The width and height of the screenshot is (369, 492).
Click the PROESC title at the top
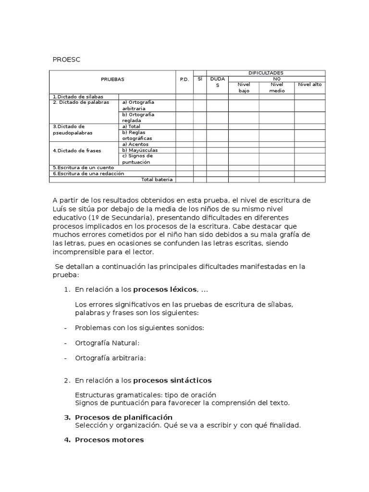pos(66,59)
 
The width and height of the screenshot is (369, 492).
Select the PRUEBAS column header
pos(112,79)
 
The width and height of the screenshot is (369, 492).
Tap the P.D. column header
pos(184,79)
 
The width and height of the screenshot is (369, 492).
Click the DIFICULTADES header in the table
pos(266,72)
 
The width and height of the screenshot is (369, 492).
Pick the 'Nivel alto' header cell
pos(310,85)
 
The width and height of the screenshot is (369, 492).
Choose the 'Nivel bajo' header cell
pos(244,87)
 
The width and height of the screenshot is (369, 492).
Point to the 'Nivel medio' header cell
pos(277,87)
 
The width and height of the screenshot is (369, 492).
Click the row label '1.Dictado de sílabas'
pos(78,97)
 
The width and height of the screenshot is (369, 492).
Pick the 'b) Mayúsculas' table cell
pos(140,150)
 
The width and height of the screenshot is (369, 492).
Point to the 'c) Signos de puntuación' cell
pos(137,159)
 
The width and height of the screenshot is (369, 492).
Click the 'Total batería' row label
pos(157,180)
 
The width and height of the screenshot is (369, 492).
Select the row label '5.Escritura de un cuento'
pos(83,168)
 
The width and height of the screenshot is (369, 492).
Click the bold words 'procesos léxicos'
pos(165,289)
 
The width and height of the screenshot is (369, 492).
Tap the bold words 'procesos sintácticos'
pos(172,381)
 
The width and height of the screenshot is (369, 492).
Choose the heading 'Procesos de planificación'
pos(123,417)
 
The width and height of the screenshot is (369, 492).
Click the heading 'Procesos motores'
pos(109,440)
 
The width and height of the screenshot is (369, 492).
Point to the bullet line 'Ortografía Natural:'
pos(107,343)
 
